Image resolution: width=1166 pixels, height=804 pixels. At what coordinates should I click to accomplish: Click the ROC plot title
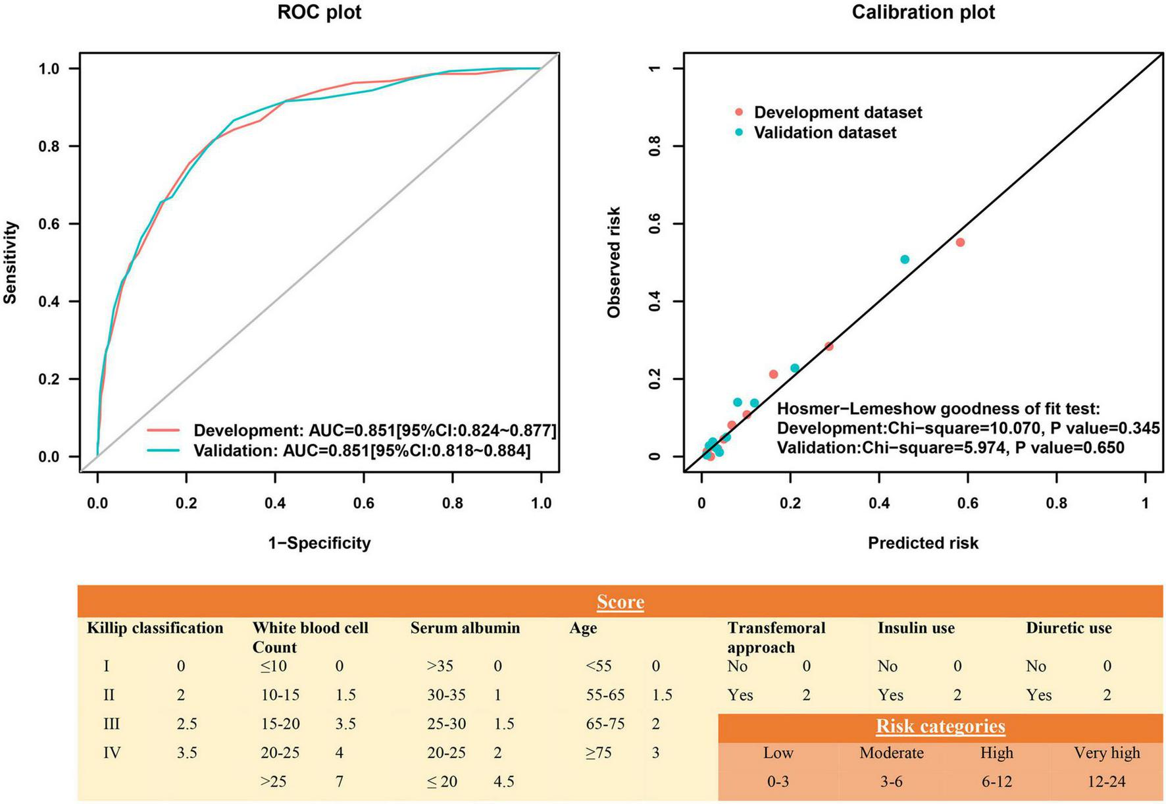pos(319,13)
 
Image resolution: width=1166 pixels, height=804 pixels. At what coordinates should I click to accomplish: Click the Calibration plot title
pos(923,13)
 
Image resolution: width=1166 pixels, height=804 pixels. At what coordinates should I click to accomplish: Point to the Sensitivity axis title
pos(10,262)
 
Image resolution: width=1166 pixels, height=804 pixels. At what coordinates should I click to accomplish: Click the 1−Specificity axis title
pos(319,543)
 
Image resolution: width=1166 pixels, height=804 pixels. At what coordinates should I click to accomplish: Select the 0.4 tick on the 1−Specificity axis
pos(275,504)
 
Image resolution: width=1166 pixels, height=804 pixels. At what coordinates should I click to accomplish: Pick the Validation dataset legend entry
pos(824,132)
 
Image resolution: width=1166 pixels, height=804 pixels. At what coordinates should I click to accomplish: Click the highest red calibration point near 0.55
pos(960,242)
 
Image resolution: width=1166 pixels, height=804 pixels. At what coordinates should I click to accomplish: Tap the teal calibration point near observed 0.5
pos(905,259)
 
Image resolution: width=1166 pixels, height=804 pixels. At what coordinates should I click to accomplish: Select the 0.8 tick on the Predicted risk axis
pos(1057,504)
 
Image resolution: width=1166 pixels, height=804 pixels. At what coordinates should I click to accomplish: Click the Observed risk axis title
pos(614,262)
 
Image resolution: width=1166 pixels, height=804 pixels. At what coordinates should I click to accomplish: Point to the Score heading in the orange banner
pos(620,602)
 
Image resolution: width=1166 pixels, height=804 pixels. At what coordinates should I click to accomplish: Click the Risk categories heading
pos(940,726)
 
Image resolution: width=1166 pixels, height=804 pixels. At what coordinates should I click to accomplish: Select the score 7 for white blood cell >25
pos(340,782)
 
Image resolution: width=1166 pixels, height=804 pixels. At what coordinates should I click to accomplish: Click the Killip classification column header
pos(155,628)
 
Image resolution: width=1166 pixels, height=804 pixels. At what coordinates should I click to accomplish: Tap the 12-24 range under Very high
pos(1107,782)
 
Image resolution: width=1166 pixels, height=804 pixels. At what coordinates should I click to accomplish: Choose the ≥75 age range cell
pos(599,753)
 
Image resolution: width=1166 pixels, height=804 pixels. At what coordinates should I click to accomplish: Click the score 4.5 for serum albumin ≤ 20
pos(503,782)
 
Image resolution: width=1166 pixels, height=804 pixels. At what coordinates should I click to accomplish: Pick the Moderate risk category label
pos(891,753)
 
